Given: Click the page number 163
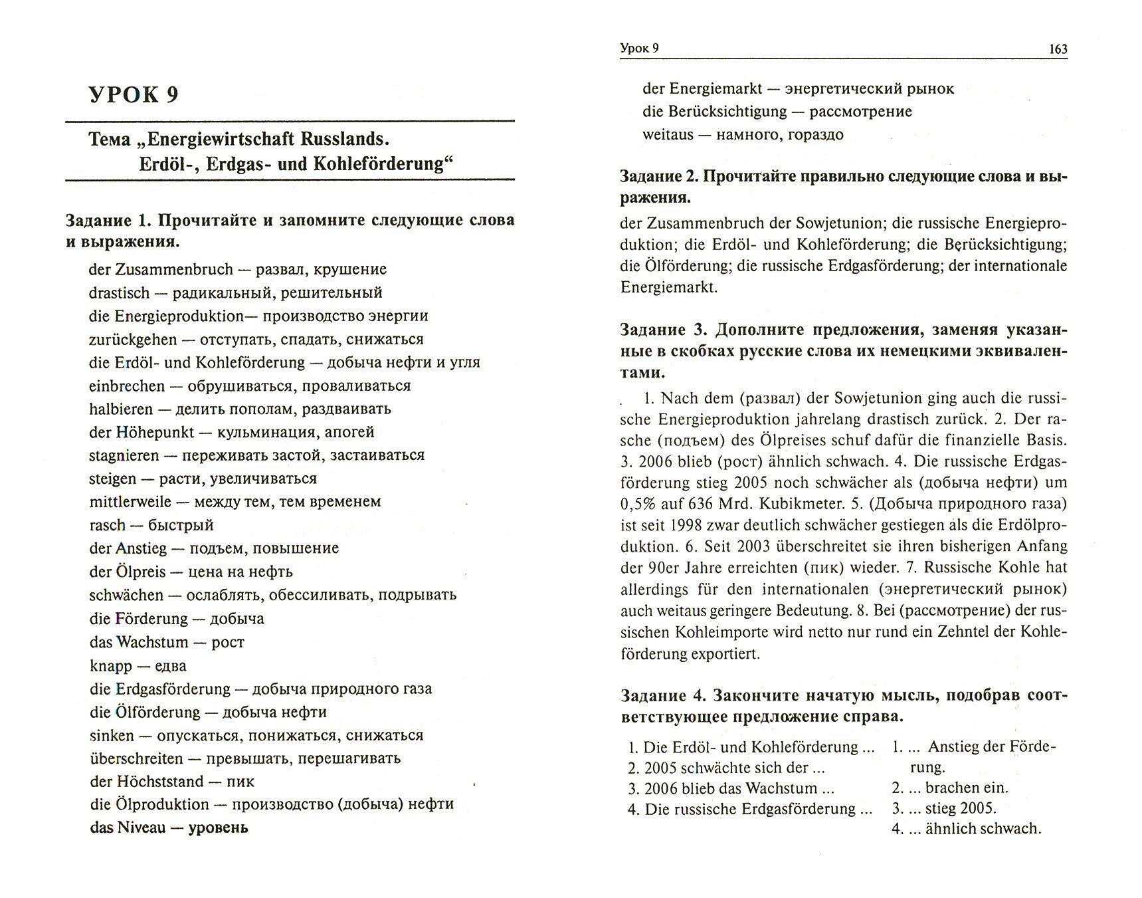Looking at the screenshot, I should coord(1056,49).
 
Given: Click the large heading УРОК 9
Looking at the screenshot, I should coord(134,95).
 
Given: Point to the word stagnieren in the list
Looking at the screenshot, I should coord(124,455).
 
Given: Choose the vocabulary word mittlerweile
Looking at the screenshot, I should coord(130,502).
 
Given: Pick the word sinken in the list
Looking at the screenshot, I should coord(112,736).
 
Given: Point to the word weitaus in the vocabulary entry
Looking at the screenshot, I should coord(668,135).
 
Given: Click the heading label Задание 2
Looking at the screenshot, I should coord(657,177).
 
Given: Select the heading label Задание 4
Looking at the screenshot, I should coord(658,696).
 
